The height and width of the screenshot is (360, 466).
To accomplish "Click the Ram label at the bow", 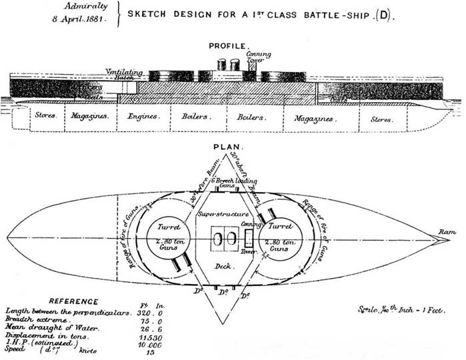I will click(446, 231).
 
